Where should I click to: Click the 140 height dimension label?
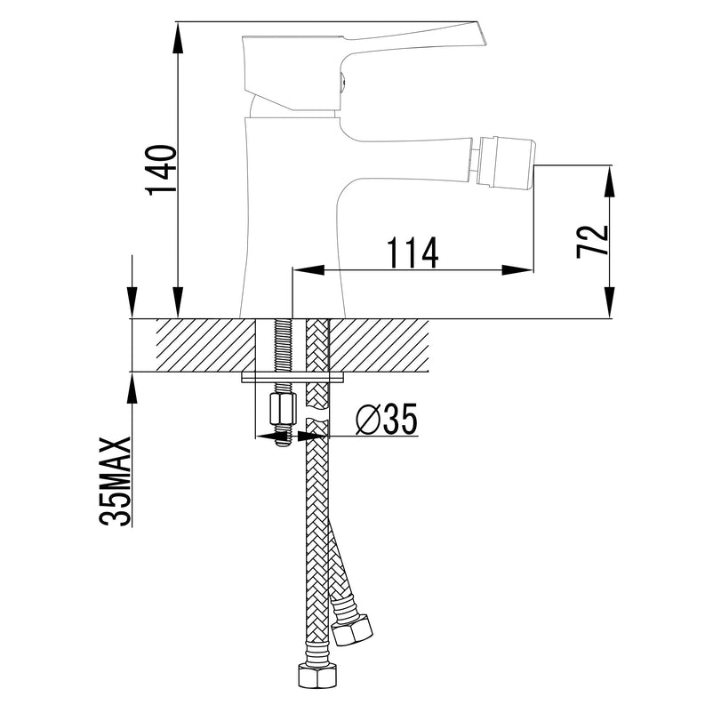(x=161, y=171)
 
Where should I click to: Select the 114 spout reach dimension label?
(x=413, y=252)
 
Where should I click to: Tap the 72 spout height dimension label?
(x=592, y=242)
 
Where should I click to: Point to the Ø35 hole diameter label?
(x=387, y=419)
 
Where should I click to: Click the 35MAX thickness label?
(x=115, y=482)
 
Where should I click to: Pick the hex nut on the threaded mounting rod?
(x=283, y=409)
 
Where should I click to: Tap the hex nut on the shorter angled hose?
(x=352, y=629)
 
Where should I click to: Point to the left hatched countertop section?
(x=205, y=345)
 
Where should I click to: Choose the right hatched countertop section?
(x=380, y=345)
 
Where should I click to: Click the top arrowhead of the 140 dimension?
(x=178, y=36)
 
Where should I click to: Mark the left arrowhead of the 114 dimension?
(x=308, y=269)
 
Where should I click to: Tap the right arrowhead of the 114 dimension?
(x=517, y=269)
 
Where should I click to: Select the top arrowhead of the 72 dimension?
(x=610, y=182)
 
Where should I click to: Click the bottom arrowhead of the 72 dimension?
(x=610, y=302)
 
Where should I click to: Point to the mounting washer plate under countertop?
(x=292, y=378)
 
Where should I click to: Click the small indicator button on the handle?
(x=343, y=83)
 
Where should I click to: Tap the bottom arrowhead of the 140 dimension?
(x=178, y=302)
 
